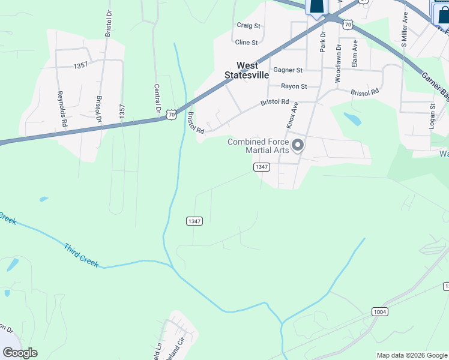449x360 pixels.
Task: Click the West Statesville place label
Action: tap(247, 70)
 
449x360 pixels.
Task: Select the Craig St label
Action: tap(248, 26)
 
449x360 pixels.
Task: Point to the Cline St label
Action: tap(246, 43)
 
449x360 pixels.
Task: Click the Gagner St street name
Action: tap(288, 70)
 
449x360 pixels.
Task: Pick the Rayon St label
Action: tap(294, 86)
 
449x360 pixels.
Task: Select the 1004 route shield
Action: tap(379, 312)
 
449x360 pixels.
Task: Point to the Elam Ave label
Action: tap(355, 53)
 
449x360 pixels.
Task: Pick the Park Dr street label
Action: tap(322, 43)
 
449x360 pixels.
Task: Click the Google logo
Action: tap(20, 353)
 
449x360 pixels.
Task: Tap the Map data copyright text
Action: tap(412, 355)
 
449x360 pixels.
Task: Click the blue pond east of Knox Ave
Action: tap(353, 119)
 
